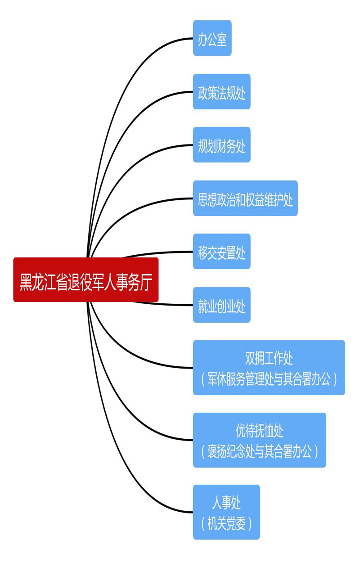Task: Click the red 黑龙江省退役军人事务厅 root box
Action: pos(86,279)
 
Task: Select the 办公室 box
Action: pos(212,38)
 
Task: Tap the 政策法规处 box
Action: pos(222,91)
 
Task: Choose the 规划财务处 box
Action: pos(222,145)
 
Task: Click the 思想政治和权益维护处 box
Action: pos(245,198)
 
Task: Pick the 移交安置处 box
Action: pos(222,251)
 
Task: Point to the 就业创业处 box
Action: pos(222,305)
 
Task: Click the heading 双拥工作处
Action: pos(269,358)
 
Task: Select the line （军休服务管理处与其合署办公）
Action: pos(269,379)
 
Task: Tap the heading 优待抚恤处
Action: pos(260,431)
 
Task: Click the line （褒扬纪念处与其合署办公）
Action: pos(260,451)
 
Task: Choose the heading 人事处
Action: pos(226,503)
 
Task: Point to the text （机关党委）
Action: pos(226,523)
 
